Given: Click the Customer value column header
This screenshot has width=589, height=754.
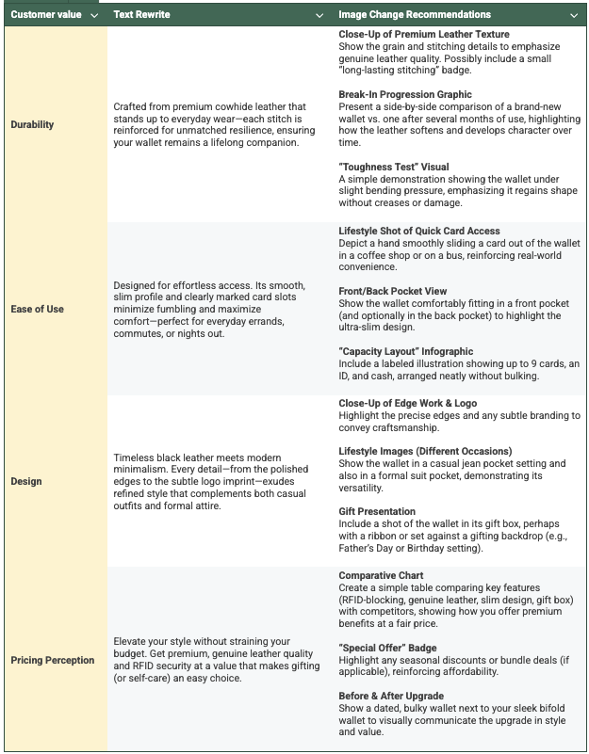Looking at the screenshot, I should coord(44,15).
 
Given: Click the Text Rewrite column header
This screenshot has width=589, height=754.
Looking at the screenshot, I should coord(142,15).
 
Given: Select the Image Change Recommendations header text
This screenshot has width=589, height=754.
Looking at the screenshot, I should coord(415,15).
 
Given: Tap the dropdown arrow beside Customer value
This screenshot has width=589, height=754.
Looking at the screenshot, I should coord(93,16).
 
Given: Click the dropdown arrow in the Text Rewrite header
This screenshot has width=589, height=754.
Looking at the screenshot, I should coord(319,16).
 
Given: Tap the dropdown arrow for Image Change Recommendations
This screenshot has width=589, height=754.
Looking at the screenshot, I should coord(574,16).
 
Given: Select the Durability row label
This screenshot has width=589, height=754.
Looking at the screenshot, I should coord(32,123).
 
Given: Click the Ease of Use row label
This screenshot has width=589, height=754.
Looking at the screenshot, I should coord(38,308).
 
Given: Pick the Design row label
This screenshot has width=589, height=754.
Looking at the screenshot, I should coord(26,481).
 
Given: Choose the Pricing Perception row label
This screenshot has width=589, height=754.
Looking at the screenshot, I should coord(53,660).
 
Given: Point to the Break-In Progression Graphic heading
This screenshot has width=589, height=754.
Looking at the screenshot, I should coord(405,94).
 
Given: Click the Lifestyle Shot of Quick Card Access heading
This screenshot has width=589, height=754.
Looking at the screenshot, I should coord(419,231).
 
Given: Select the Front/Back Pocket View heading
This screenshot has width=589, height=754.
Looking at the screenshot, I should coord(393,291).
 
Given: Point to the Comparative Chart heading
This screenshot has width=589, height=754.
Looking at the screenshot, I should coord(381,574).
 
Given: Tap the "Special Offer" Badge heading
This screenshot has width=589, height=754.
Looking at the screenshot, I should coord(386,647).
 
